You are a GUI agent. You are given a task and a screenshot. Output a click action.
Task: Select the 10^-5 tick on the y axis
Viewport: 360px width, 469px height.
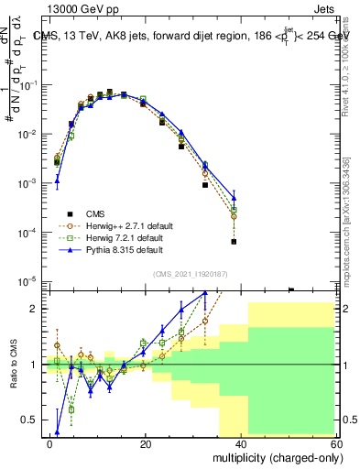(27, 281)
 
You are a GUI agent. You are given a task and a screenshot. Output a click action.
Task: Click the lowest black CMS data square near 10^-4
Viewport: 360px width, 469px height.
(235, 242)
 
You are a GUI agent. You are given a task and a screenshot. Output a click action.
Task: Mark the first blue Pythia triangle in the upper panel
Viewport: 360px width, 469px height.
(57, 180)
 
